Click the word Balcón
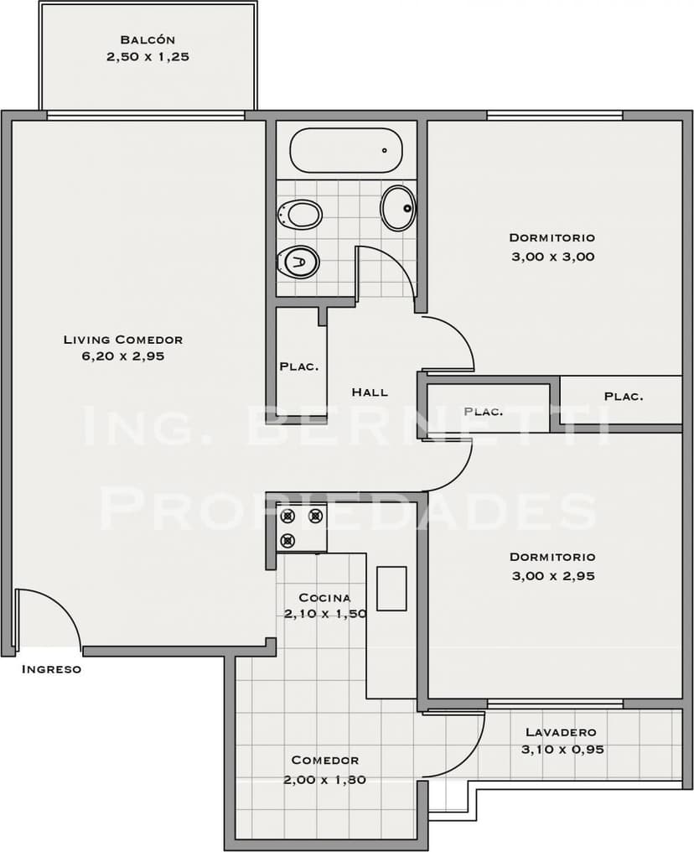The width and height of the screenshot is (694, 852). pos(147,39)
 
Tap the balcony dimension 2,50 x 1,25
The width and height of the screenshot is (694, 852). pos(147,57)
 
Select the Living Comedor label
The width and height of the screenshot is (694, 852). pos(122,340)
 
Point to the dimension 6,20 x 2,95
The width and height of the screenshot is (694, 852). pos(122,356)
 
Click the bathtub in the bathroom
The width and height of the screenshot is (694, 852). pos(345,150)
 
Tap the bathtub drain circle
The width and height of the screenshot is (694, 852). pos(385,151)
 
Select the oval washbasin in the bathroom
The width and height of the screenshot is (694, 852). pos(398,208)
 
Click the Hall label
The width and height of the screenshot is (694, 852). pos(370,392)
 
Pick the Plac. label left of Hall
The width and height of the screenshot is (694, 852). pos(298,366)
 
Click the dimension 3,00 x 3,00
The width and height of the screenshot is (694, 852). pos(552,257)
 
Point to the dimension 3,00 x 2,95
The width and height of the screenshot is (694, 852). pos(552,576)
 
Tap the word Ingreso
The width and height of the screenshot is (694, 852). pos(51,669)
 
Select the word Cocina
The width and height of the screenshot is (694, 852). pos(324,598)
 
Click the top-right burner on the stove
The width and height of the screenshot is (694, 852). pos(315,517)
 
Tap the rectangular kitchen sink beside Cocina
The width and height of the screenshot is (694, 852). pos(391,588)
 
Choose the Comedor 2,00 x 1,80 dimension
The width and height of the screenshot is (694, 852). pos(324,779)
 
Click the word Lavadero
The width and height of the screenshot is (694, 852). pos(560,732)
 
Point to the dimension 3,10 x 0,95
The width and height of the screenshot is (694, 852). pos(562,750)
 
